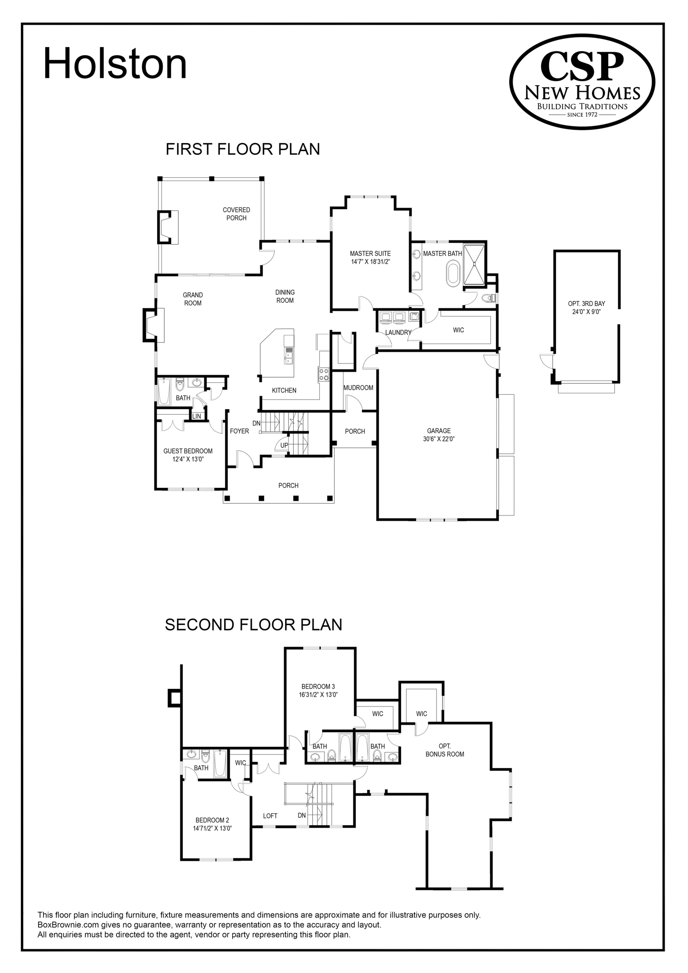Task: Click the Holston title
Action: point(115,64)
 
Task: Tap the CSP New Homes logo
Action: point(582,81)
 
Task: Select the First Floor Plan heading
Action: point(242,149)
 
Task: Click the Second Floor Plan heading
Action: point(253,624)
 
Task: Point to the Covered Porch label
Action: point(236,214)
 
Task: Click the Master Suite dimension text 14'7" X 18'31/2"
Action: point(370,261)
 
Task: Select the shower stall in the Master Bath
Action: point(474,264)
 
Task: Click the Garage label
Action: point(439,431)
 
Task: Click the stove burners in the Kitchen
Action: point(324,374)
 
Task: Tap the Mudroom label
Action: point(358,388)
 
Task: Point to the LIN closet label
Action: point(197,416)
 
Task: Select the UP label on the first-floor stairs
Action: point(284,445)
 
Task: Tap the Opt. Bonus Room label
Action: point(445,750)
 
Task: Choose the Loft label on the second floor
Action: point(270,815)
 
